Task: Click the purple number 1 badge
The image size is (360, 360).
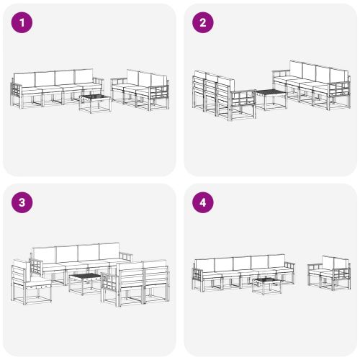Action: (x=22, y=23)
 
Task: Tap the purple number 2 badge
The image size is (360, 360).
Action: (x=202, y=23)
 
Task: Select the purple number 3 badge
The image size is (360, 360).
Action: (x=22, y=202)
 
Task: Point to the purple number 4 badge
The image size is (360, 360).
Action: (x=202, y=202)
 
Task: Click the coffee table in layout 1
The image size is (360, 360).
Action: (x=94, y=103)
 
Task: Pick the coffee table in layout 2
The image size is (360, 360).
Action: (x=271, y=98)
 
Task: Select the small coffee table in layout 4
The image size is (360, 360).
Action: (x=265, y=285)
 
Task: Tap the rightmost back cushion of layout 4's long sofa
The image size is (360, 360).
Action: (x=277, y=262)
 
